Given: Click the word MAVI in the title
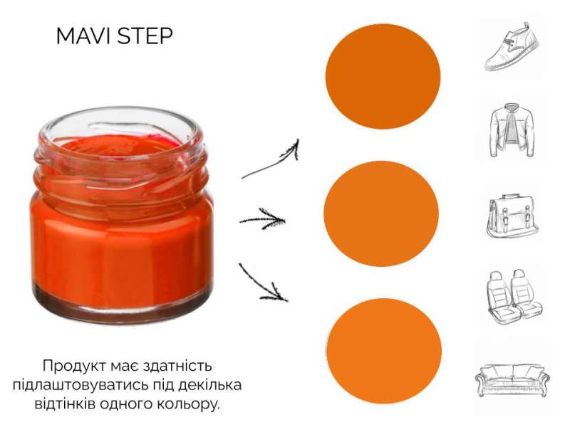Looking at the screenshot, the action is pyautogui.click(x=83, y=36).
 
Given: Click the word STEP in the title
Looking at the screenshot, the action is pyautogui.click(x=145, y=36).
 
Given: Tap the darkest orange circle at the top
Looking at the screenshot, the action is pyautogui.click(x=383, y=76).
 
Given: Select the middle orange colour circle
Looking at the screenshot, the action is pyautogui.click(x=381, y=214).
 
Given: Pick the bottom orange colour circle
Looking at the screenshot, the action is pyautogui.click(x=384, y=351).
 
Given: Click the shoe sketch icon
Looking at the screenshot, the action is pyautogui.click(x=512, y=46).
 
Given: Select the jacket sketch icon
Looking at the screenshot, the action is pyautogui.click(x=512, y=130).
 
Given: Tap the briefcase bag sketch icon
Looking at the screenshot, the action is pyautogui.click(x=512, y=216).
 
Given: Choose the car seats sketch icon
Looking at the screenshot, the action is pyautogui.click(x=514, y=297).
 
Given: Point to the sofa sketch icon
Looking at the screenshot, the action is pyautogui.click(x=512, y=380).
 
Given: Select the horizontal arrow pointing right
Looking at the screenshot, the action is pyautogui.click(x=262, y=219).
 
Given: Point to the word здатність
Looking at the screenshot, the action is pyautogui.click(x=177, y=366).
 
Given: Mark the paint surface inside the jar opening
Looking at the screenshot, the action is pyautogui.click(x=120, y=145).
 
